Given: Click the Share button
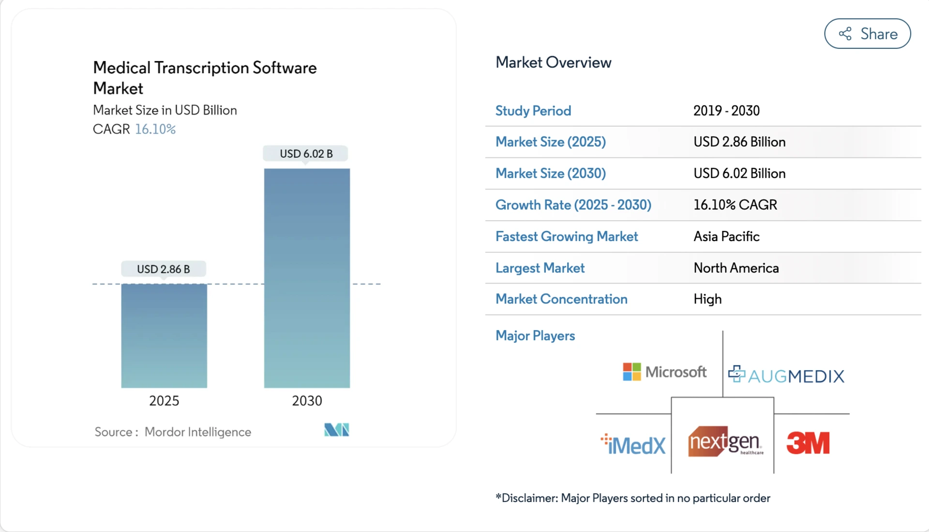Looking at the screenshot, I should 867,34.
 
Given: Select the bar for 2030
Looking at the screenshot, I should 307,278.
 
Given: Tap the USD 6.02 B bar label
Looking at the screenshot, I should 306,153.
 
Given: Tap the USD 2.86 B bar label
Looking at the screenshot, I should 163,269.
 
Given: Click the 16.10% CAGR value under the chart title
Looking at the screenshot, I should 155,129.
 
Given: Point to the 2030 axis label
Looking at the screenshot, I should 307,401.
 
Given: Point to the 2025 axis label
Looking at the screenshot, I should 164,401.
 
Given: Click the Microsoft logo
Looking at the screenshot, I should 664,372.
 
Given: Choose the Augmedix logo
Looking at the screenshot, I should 786,375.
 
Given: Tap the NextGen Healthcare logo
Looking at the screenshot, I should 724,441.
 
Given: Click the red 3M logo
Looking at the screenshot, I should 808,443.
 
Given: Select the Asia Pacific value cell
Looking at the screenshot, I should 726,236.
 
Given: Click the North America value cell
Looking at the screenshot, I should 736,268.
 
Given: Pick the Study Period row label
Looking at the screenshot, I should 533,111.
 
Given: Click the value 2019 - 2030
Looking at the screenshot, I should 726,111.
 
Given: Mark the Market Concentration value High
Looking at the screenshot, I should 707,299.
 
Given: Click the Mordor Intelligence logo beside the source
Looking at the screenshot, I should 336,430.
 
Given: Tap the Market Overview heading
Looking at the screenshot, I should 553,62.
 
